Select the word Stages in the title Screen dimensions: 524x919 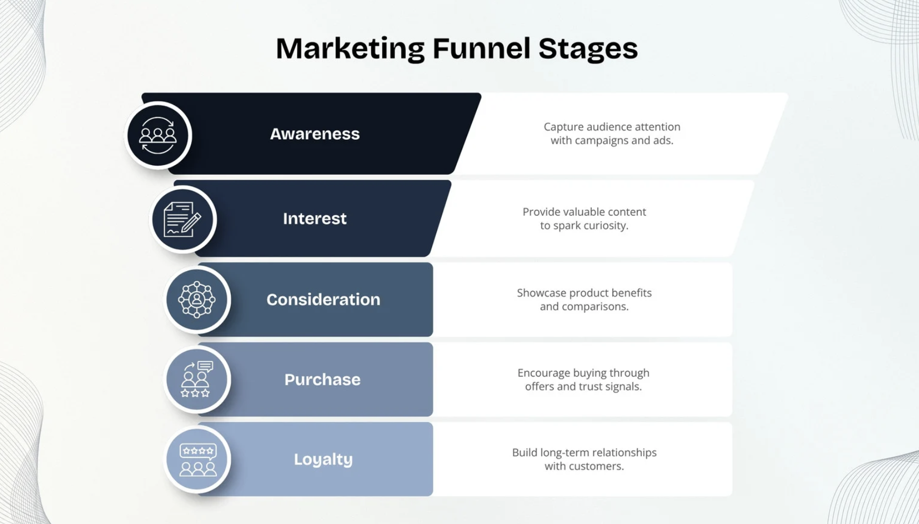(x=588, y=48)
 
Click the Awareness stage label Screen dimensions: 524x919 (x=315, y=134)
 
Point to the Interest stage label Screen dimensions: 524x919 (x=315, y=218)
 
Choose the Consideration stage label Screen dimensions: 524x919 (x=323, y=299)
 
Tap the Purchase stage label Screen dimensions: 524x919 (x=322, y=379)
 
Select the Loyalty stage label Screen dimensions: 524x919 (x=323, y=459)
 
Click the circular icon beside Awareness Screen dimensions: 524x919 (x=158, y=136)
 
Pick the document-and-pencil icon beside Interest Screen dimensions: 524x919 (x=183, y=219)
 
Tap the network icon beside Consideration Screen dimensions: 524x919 (x=197, y=299)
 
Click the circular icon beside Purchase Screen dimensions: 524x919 (x=197, y=379)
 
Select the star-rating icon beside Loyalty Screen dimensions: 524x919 (x=197, y=459)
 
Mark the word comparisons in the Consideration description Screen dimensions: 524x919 (x=595, y=307)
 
